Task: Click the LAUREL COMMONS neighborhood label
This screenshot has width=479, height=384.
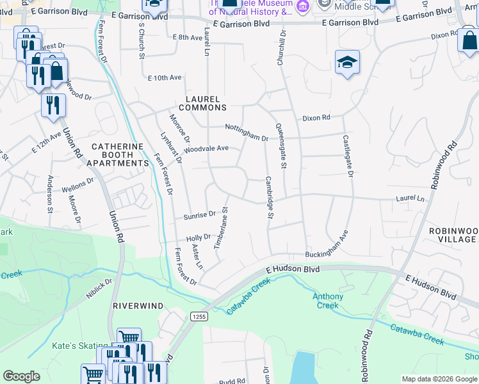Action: (x=202, y=104)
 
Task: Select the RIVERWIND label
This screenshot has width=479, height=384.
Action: (x=134, y=306)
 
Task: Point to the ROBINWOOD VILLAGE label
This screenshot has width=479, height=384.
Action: (x=452, y=235)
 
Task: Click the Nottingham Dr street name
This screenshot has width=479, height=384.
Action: (x=246, y=132)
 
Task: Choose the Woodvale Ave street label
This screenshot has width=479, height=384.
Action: (x=206, y=149)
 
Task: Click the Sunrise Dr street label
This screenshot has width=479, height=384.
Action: (x=200, y=216)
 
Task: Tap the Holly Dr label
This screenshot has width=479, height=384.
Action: (x=198, y=238)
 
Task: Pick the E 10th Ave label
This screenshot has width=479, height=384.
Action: (x=165, y=77)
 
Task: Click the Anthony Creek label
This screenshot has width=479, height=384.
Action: (x=327, y=301)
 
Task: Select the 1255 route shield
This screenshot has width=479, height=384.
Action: (x=198, y=316)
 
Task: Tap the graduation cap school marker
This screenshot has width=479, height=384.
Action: (x=347, y=63)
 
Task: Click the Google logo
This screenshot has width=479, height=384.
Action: (x=22, y=376)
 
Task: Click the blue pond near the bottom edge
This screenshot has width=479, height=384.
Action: (x=302, y=367)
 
